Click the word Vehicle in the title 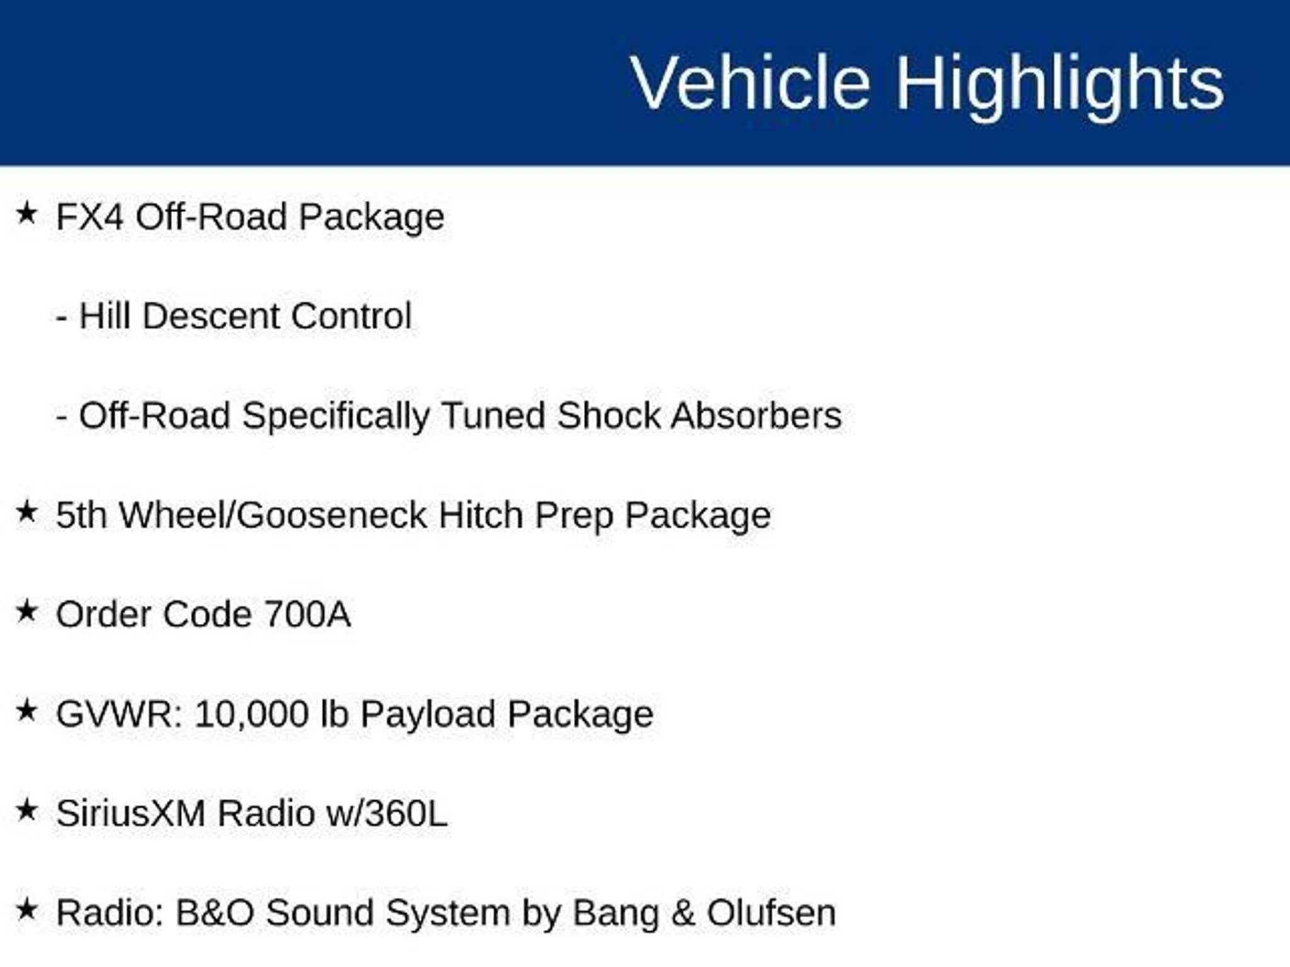(751, 83)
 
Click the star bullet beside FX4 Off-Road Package (26, 213)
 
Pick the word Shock (608, 416)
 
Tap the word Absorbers (756, 416)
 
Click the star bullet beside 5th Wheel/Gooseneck (26, 511)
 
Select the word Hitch (481, 516)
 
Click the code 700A (307, 614)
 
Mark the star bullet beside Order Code (26, 611)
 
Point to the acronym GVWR (119, 715)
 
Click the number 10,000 (251, 716)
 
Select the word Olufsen (771, 913)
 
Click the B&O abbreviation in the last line (214, 913)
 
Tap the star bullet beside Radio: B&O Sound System (26, 909)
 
